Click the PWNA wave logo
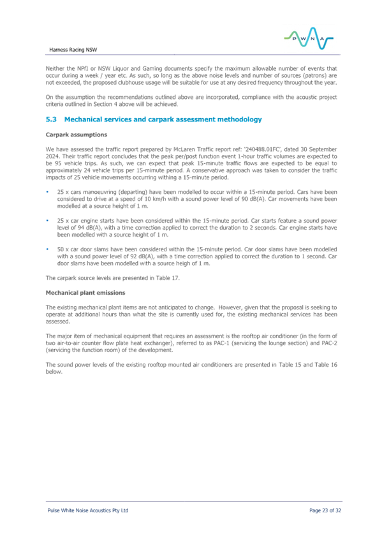(x=309, y=38)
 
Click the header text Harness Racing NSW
(x=73, y=50)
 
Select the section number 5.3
(x=51, y=119)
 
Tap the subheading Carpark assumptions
(x=77, y=135)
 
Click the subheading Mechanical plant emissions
(x=85, y=293)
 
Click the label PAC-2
(x=329, y=343)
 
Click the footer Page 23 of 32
(x=325, y=510)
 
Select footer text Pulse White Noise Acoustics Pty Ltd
(x=88, y=510)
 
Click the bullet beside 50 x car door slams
(x=47, y=249)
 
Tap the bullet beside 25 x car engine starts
(x=47, y=221)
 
